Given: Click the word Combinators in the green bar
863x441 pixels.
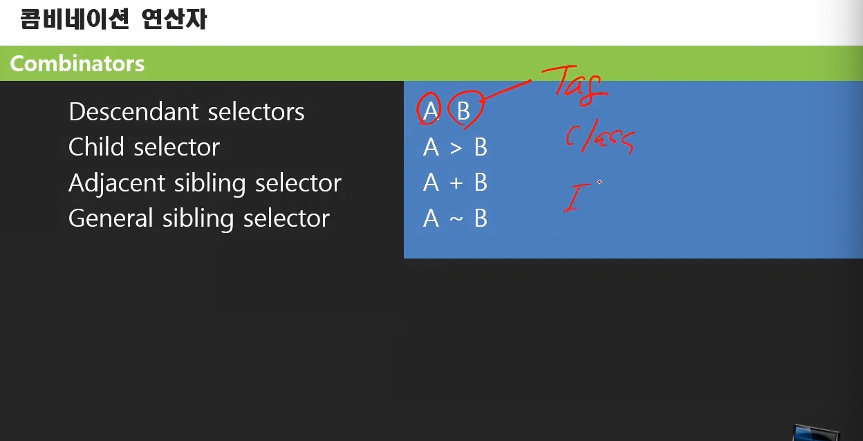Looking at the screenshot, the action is click(77, 64).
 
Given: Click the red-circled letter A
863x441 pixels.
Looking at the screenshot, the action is click(429, 111).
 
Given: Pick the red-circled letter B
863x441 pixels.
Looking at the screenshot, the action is click(463, 111).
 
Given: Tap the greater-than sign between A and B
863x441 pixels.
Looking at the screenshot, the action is click(456, 147).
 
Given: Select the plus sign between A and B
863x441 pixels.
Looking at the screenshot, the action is click(456, 183).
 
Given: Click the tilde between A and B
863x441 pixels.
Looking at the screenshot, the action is click(456, 218).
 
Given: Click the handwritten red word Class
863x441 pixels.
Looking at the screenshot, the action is click(599, 139).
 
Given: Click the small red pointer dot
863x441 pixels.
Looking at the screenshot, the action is click(600, 182).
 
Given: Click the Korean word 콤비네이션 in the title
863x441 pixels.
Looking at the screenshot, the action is click(75, 19).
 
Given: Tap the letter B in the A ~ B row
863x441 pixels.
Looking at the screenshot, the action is click(481, 218).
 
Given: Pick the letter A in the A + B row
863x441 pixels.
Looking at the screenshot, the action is click(431, 183).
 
